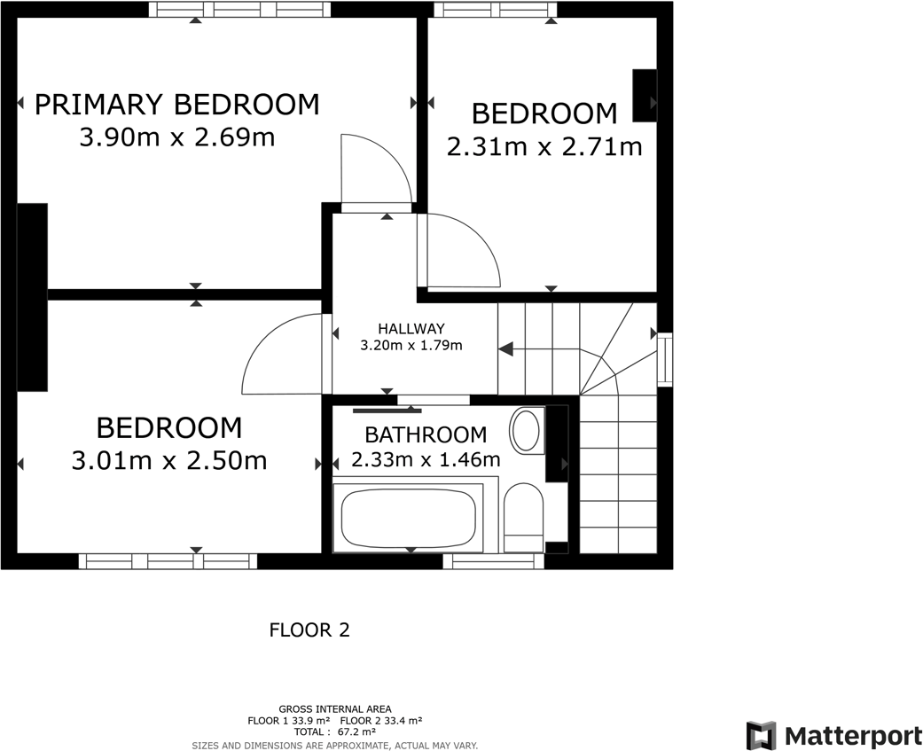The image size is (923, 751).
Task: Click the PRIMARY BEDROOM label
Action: tap(176, 105)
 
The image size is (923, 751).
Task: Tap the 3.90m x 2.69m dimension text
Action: tap(176, 138)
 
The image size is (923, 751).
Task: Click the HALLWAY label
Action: tap(411, 329)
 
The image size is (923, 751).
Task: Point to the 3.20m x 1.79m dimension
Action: tap(411, 346)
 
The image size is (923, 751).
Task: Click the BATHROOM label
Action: tap(426, 435)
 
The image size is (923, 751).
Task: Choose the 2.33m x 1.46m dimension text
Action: tap(426, 460)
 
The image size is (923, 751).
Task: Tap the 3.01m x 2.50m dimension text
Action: tap(168, 461)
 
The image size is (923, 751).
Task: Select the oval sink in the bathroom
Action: tap(526, 431)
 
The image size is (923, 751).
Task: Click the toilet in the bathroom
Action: tap(523, 517)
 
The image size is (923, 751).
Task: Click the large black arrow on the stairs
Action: tap(506, 349)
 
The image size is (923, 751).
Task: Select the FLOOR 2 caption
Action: tap(309, 630)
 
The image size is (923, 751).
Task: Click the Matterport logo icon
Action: tap(761, 736)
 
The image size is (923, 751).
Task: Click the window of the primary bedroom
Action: tap(239, 10)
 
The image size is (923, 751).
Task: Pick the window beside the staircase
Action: tap(664, 358)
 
